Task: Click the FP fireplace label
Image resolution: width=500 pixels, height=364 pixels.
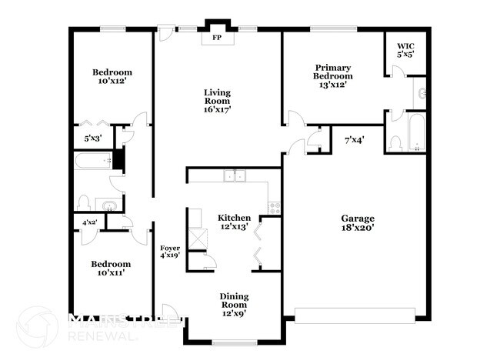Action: point(217,38)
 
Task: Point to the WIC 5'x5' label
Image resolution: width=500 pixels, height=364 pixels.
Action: point(405,50)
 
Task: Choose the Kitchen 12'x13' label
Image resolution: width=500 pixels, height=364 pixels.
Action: point(233,222)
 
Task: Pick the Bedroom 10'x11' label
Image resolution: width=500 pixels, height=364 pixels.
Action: point(112,266)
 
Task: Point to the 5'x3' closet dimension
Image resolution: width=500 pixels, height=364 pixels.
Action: point(93,139)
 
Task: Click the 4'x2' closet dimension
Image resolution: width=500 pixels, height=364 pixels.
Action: point(90,222)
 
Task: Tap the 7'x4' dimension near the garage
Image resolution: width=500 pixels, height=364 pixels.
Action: point(354,139)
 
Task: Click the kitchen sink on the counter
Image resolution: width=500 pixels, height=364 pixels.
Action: point(235,176)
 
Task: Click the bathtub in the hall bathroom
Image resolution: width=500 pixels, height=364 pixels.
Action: point(93,162)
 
